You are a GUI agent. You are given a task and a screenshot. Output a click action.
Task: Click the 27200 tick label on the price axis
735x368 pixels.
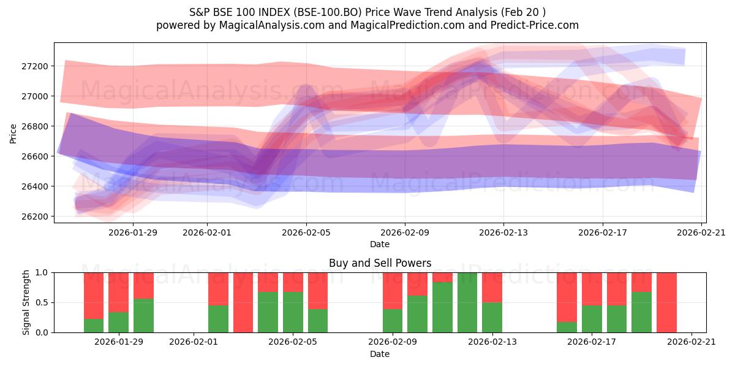(x=36, y=66)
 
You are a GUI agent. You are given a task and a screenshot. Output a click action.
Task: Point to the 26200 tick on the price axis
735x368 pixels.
(x=36, y=217)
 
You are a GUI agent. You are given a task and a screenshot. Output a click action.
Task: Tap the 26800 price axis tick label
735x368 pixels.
(x=36, y=126)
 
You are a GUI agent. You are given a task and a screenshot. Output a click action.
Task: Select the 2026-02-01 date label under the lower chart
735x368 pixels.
(x=194, y=342)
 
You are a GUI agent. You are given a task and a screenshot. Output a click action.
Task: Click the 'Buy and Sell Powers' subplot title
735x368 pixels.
(x=380, y=263)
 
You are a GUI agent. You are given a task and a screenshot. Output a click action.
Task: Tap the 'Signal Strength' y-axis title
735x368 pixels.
(x=26, y=302)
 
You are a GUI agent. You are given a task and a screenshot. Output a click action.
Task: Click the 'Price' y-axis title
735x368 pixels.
(x=13, y=132)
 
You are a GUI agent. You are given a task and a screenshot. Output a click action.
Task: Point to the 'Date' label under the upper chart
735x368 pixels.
(x=380, y=244)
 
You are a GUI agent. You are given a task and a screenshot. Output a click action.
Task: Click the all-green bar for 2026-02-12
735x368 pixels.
(x=467, y=302)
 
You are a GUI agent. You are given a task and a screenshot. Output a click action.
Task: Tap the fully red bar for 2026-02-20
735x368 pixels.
(x=666, y=302)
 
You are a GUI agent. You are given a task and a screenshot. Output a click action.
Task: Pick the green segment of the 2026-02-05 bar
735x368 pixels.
(x=293, y=312)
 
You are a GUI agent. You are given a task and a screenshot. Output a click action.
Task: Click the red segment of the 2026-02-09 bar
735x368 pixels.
(x=393, y=291)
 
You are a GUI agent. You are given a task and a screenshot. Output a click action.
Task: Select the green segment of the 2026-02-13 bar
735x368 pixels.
(x=492, y=318)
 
